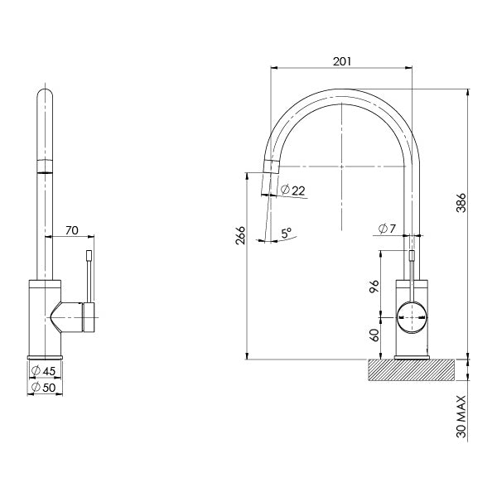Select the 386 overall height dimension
[462, 202]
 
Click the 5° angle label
[286, 234]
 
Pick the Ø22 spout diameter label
[293, 191]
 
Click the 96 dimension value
[374, 286]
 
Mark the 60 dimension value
[374, 335]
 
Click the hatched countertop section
[412, 369]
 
